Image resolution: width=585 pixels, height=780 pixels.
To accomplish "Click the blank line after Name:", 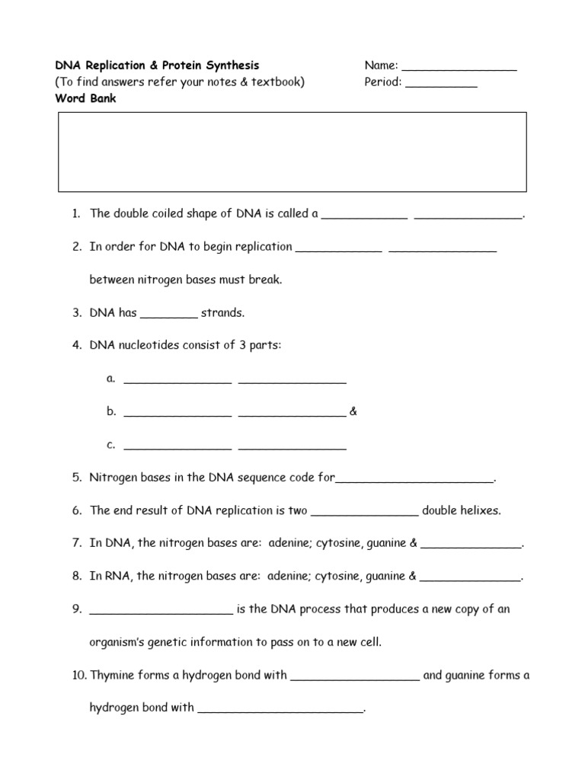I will coord(459,68).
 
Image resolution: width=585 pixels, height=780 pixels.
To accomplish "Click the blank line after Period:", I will coord(441,84).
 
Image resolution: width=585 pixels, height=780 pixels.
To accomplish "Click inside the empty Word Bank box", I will coord(292,152).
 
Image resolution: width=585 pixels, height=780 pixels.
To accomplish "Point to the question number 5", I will coord(77,478).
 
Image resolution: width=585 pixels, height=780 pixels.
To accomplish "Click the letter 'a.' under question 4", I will coord(111,379).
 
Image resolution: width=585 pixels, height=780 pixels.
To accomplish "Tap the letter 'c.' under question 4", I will coord(111,445).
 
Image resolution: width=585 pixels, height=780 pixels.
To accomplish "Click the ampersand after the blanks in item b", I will coord(353,412).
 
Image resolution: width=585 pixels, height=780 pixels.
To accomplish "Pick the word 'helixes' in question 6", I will coord(481,511).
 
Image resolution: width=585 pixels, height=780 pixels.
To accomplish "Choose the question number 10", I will coord(79,675).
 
